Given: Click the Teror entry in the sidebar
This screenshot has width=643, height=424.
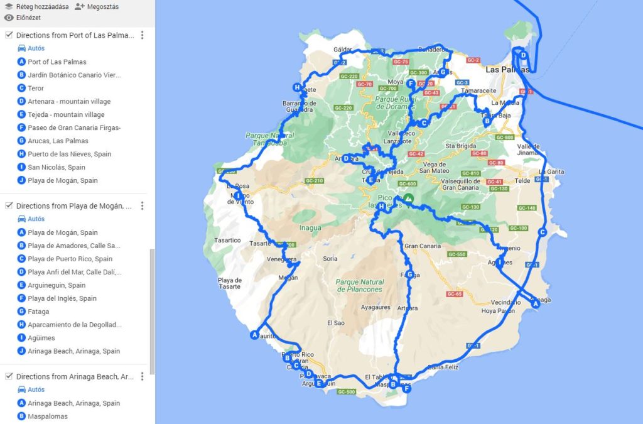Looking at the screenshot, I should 35,89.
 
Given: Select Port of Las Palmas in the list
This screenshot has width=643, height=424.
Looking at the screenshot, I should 57,62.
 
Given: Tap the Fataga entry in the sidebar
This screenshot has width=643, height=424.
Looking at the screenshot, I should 38,312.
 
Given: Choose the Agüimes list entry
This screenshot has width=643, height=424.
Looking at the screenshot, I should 41,338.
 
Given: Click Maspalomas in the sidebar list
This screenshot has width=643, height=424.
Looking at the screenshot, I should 47,416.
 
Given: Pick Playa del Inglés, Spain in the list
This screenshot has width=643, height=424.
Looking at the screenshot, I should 62,298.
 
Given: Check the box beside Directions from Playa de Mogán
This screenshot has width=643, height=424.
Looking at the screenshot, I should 9,205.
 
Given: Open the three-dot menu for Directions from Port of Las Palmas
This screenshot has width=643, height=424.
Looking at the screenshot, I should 143,35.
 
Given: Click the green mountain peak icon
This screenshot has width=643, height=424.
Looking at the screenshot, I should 409,198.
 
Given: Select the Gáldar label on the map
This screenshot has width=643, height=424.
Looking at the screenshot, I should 343,49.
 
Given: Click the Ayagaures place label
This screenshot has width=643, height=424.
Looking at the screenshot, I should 375,308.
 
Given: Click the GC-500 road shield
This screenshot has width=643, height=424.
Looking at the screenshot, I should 347,392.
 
